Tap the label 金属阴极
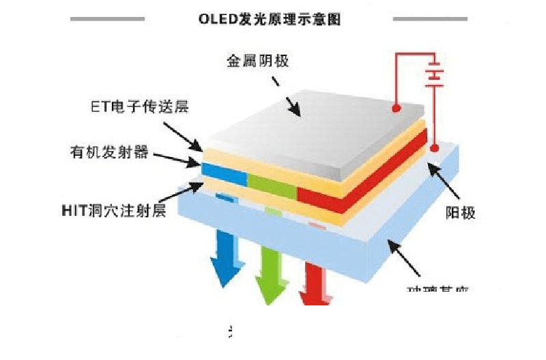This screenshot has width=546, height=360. pyautogui.click(x=259, y=61)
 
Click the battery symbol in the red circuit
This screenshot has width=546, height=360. pyautogui.click(x=431, y=74)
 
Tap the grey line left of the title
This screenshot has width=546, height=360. pyautogui.click(x=107, y=18)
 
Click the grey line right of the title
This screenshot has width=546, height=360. pyautogui.click(x=430, y=18)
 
